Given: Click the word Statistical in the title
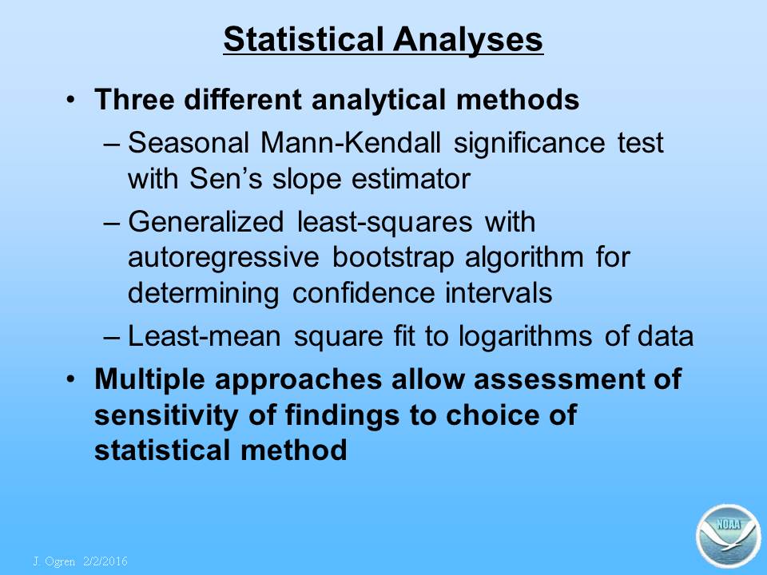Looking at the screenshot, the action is coord(304,38).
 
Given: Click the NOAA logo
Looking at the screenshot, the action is coord(728,536).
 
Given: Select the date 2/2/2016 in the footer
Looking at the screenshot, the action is coord(105,561).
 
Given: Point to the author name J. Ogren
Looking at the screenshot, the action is coord(54,561).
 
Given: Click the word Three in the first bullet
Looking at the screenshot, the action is coord(134,100).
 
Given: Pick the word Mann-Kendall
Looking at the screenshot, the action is coord(351,143).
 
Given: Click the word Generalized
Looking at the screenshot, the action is coord(206,222).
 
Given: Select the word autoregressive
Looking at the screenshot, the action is coord(224,257).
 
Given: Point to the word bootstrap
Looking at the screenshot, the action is coord(393,258).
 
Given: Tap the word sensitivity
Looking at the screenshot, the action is coord(166,415).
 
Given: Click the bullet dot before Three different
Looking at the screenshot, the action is coord(71,101).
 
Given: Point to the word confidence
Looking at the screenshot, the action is coord(364,293).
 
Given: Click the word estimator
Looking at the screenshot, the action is coord(411,178).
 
